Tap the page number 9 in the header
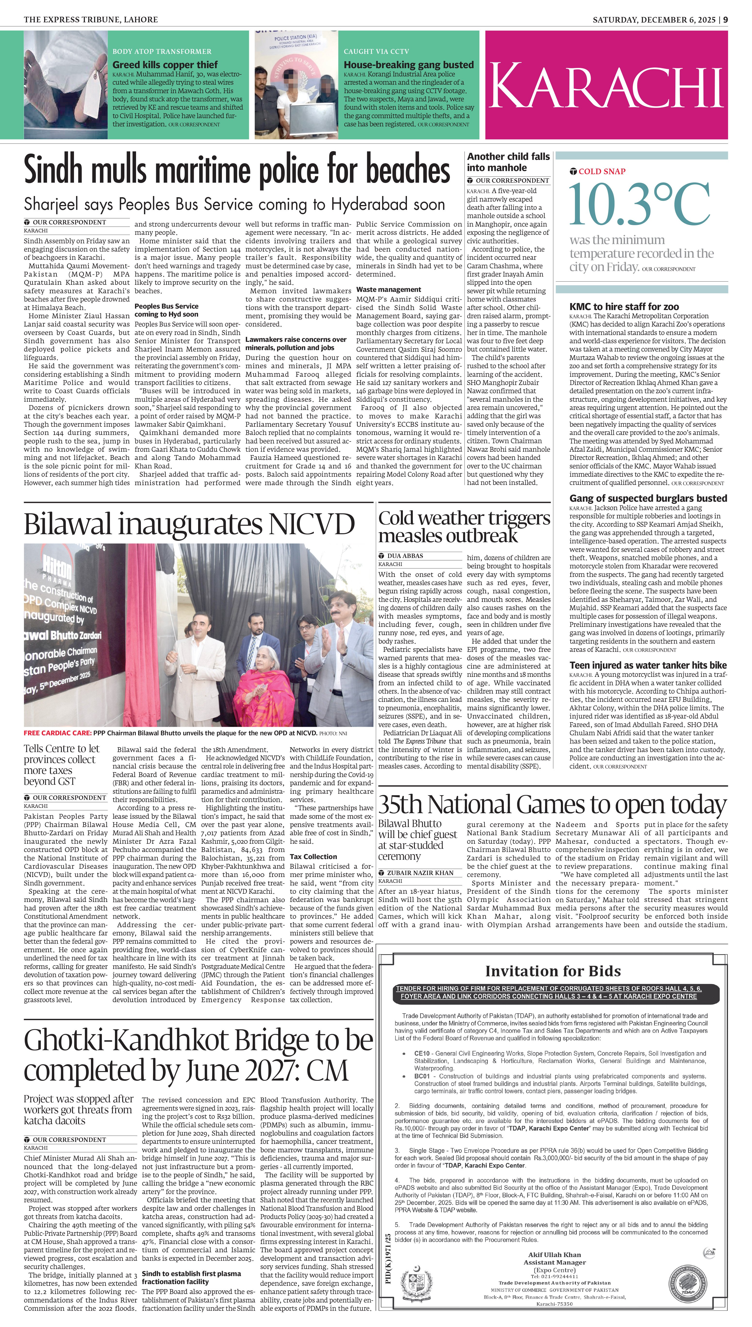point(726,20)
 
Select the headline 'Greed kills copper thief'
point(165,65)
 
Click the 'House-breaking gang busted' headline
point(409,65)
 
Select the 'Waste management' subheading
point(388,289)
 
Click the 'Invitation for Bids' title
point(553,971)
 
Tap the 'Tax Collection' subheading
point(313,856)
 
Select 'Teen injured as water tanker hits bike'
point(648,665)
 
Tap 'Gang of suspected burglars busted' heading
point(648,499)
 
